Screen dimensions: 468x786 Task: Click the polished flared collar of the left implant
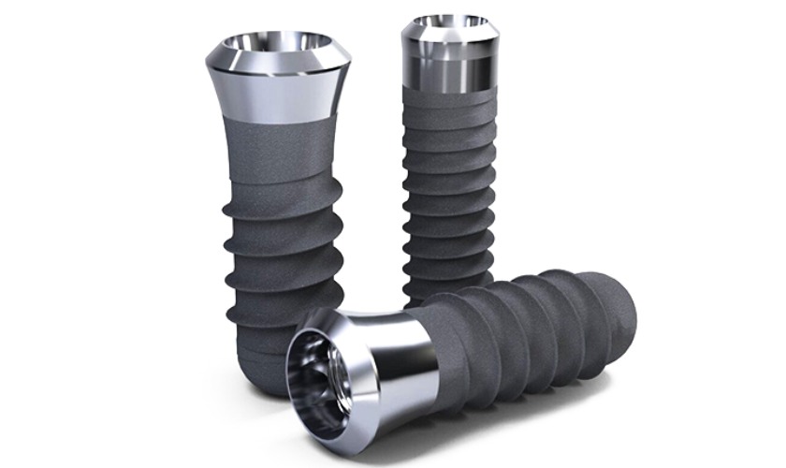click(x=278, y=89)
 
